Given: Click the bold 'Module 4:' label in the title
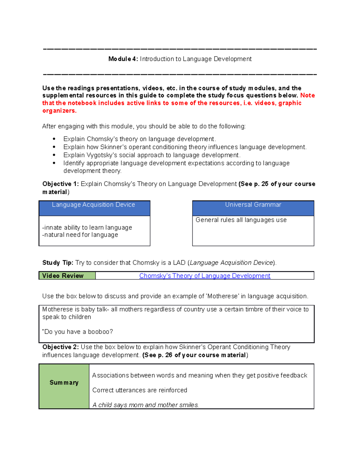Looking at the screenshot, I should (123, 59).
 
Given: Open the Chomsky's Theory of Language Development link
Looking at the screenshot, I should (205, 276).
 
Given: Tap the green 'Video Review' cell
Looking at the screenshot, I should (67, 276).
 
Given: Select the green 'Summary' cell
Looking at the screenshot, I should (64, 383).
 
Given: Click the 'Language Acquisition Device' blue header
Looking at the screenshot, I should (94, 205).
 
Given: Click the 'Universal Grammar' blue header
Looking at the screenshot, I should (253, 205).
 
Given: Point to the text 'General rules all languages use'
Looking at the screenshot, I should (241, 220).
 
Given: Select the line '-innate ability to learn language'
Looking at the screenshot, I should (87, 227).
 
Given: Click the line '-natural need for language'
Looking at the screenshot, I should (80, 235).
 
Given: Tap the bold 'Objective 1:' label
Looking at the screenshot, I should (60, 184).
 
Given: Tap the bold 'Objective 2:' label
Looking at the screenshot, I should (60, 347).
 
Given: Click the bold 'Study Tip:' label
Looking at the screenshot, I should (58, 263).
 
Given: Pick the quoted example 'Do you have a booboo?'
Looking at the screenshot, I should (78, 332).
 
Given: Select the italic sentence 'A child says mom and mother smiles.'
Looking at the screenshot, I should (145, 405).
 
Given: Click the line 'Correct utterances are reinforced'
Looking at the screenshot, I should (139, 390).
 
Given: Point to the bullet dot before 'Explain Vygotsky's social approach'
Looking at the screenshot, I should (54, 155).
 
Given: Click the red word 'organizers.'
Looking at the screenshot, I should (59, 111).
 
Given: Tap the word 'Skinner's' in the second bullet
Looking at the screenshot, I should (113, 147).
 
